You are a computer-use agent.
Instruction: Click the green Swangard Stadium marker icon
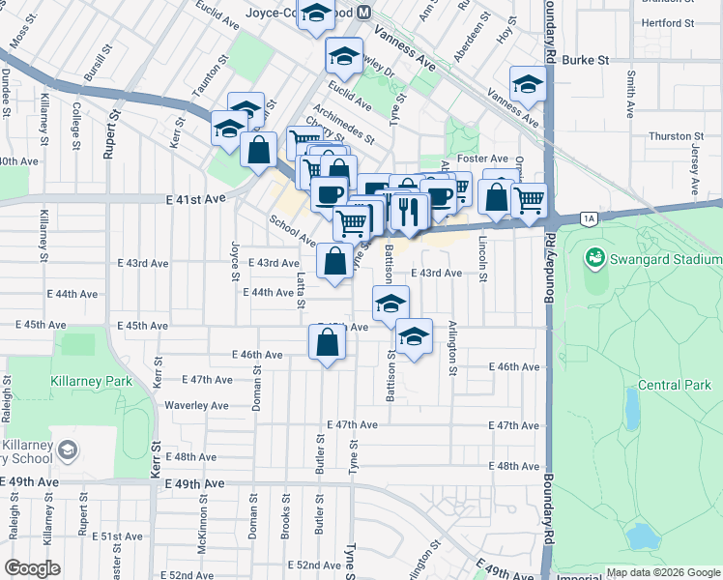coord(594,259)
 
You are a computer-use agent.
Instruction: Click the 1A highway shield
coord(588,219)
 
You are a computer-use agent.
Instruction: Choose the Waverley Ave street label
coord(196,406)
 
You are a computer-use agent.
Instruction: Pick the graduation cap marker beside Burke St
coord(528,85)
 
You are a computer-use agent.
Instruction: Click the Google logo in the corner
coord(33,568)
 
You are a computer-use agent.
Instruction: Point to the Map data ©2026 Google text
coord(662,571)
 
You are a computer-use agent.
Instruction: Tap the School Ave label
coord(292,230)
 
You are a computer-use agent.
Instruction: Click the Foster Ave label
coord(484,159)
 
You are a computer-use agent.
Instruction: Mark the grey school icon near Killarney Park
coord(67,449)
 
